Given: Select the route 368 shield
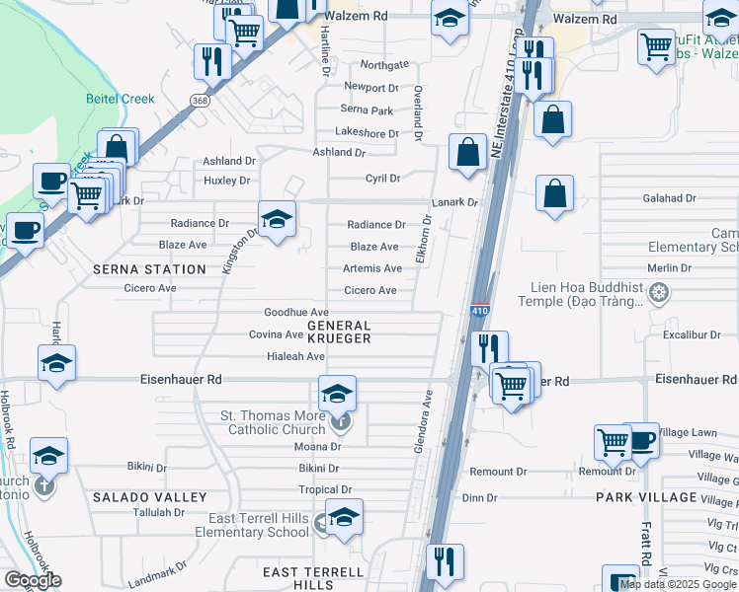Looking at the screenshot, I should point(200,101).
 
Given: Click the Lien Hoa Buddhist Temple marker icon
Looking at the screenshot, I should point(659,293).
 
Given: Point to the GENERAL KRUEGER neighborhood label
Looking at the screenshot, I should point(339,332).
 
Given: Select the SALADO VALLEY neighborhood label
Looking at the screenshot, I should point(150,497).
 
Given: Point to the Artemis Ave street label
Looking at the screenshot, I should point(371,268).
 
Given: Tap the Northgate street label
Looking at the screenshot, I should point(384,65).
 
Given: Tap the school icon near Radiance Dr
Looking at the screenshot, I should point(277,218).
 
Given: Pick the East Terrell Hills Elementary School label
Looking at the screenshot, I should point(259,525).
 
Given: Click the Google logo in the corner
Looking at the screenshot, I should point(33,580).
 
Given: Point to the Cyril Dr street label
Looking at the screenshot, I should point(382,179).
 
